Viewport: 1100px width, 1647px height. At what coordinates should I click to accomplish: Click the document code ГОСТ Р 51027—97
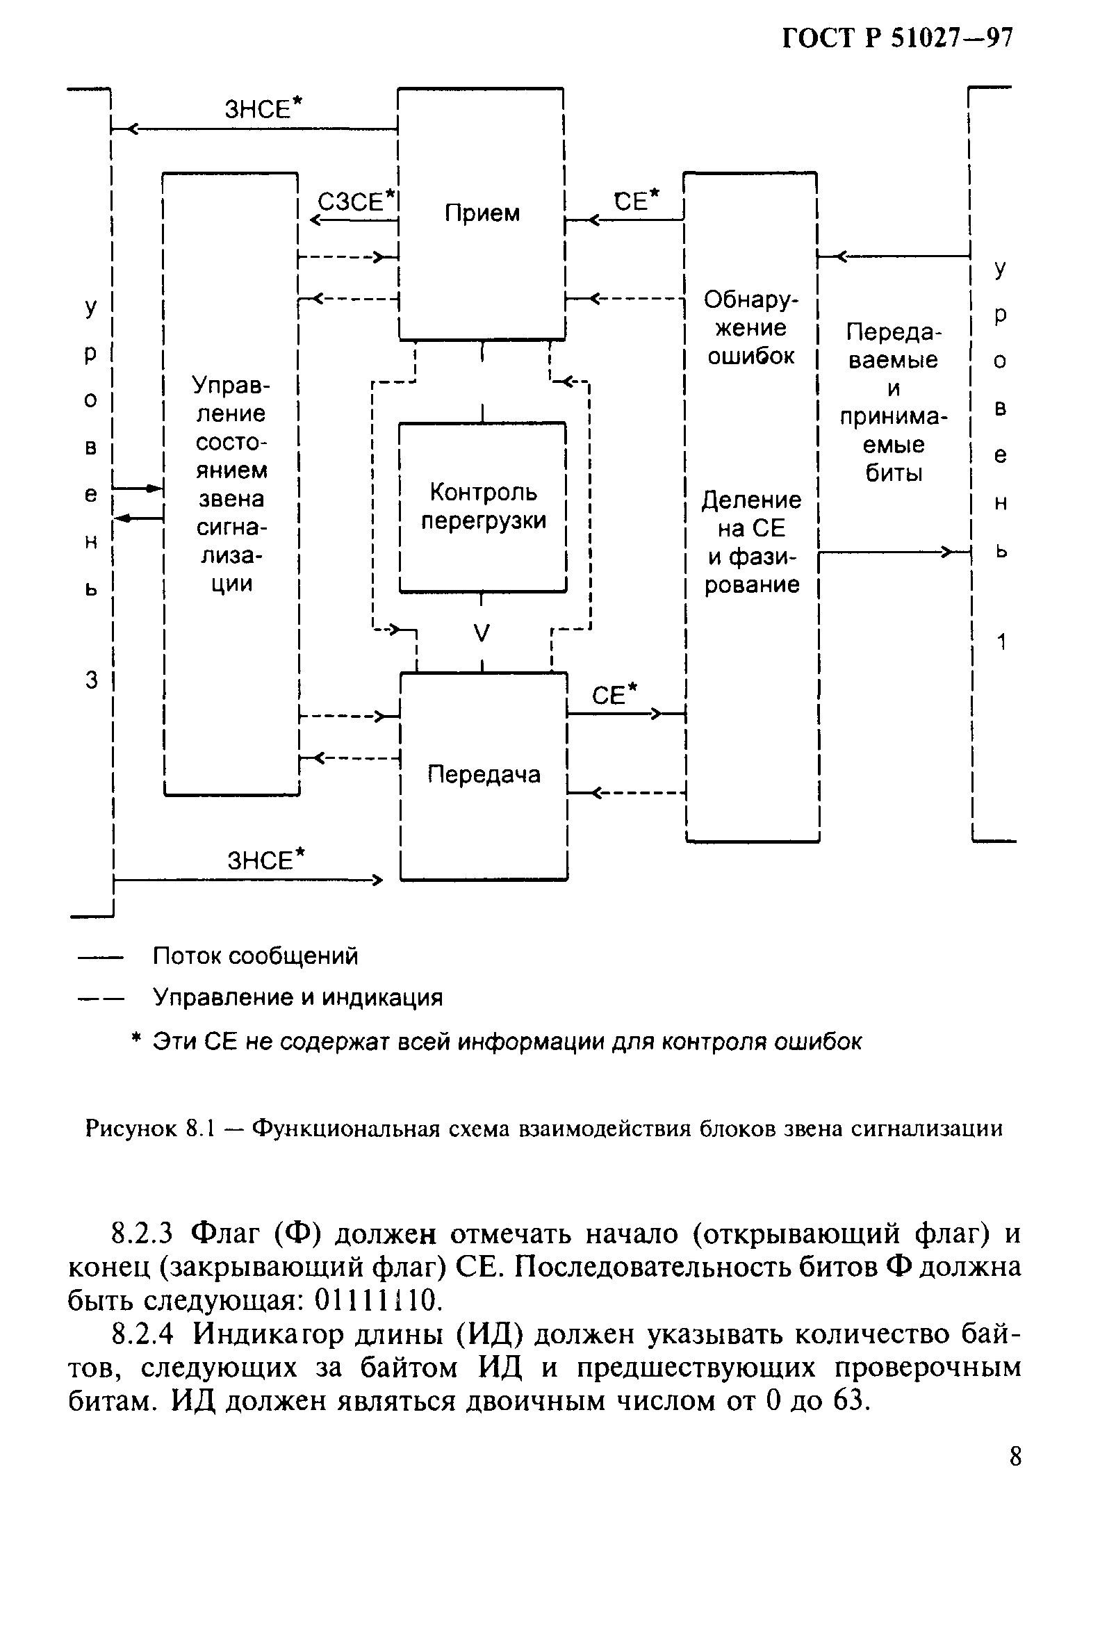click(x=897, y=38)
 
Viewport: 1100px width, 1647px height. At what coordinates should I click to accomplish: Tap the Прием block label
click(x=482, y=213)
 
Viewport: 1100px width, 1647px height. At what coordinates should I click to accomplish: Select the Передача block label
click(x=484, y=774)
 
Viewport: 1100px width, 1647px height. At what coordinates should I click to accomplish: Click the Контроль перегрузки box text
click(x=483, y=507)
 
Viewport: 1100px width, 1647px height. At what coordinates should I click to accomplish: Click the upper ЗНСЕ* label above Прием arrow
click(x=263, y=108)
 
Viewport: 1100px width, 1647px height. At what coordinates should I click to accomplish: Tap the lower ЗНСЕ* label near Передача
click(x=267, y=860)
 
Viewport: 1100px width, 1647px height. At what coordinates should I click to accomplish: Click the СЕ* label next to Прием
click(x=637, y=201)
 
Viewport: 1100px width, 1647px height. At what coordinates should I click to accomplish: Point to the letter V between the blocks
click(x=482, y=633)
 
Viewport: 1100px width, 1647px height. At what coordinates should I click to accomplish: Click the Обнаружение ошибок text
click(x=750, y=327)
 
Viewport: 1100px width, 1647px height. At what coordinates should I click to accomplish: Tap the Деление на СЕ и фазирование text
click(x=751, y=541)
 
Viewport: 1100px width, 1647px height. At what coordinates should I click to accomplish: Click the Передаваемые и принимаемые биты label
click(x=893, y=402)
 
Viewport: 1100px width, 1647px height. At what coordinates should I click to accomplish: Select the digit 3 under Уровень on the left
click(x=91, y=680)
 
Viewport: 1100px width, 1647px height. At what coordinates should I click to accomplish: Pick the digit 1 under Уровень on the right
click(x=1001, y=641)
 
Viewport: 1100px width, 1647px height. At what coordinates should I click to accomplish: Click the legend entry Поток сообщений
click(x=255, y=956)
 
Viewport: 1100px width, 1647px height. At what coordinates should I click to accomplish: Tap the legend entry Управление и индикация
click(x=298, y=997)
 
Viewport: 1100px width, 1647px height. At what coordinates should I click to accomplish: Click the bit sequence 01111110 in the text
click(x=377, y=1301)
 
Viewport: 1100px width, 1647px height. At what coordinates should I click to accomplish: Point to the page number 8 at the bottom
click(x=1015, y=1457)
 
